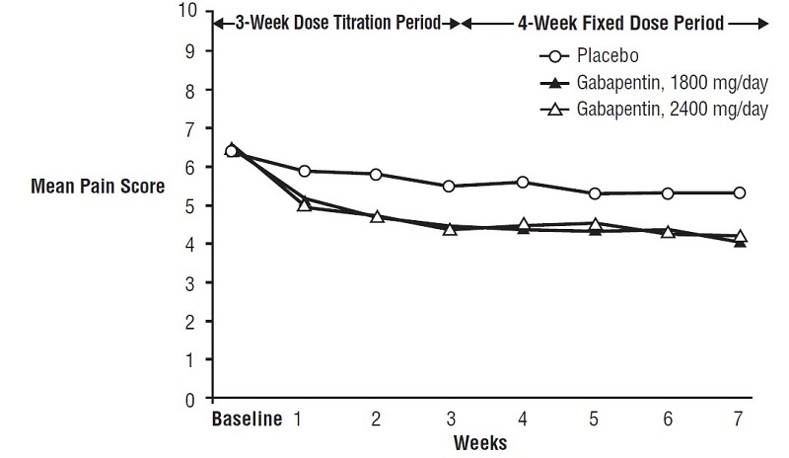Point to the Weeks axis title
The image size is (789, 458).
[x=479, y=442]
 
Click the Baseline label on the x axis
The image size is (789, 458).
[x=246, y=420]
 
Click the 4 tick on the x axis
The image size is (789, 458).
[x=522, y=420]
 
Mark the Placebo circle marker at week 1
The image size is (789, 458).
[x=305, y=172]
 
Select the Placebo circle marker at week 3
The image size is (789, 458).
[x=449, y=187]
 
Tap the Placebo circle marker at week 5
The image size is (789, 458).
[x=595, y=193]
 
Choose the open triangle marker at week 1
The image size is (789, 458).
[x=305, y=204]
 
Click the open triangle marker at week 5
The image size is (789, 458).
[x=595, y=224]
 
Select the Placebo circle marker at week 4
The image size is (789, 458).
[x=522, y=183]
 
